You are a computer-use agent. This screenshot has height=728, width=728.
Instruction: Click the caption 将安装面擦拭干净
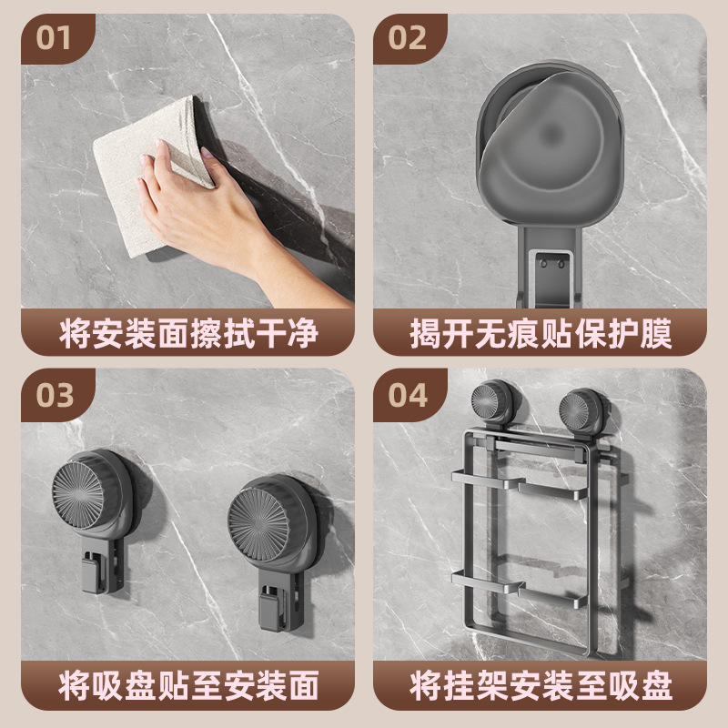[x=188, y=333]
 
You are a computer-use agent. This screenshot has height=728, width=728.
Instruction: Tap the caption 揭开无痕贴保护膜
[x=541, y=333]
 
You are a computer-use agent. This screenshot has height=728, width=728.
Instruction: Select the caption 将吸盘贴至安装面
[x=188, y=685]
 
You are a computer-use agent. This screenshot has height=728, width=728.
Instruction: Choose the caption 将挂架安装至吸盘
[x=541, y=685]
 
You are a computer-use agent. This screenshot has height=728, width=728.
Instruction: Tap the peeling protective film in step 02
[x=544, y=139]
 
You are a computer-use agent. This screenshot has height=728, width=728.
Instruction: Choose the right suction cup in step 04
[x=581, y=412]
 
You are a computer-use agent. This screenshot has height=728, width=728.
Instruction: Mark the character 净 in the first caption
[x=303, y=333]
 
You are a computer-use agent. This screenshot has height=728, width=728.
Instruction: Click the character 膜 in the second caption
[x=656, y=333]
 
